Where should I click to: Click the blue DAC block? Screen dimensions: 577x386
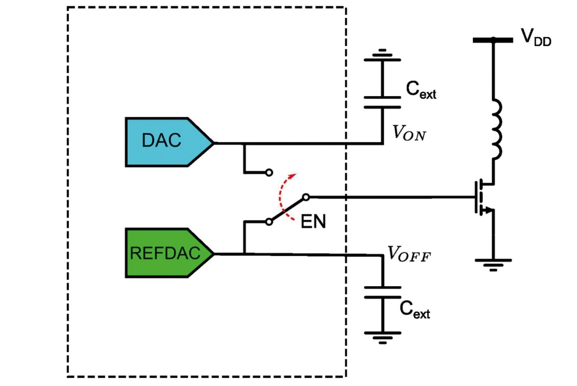(x=169, y=142)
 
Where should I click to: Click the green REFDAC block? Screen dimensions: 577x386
(x=169, y=253)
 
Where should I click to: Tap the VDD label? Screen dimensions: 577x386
(x=536, y=37)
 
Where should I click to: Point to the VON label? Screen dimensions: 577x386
(x=409, y=133)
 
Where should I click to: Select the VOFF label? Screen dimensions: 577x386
(x=409, y=254)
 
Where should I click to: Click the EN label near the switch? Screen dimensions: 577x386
(x=313, y=221)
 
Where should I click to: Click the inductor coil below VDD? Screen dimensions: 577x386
(x=497, y=129)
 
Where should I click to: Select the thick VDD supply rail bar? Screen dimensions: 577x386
(x=493, y=40)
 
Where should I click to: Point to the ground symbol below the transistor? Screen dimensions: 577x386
(x=493, y=265)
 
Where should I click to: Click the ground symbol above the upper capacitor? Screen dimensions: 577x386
(x=383, y=55)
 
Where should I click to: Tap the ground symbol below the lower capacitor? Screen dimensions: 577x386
(x=383, y=338)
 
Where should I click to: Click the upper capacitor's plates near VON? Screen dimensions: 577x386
(x=383, y=102)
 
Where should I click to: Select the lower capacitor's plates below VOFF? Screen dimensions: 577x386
(x=383, y=292)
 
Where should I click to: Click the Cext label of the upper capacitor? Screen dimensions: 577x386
(x=421, y=90)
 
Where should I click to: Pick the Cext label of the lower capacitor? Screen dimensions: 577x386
(x=415, y=310)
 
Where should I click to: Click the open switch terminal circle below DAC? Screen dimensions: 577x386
(x=269, y=173)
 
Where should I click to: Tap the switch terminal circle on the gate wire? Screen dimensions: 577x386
(x=306, y=198)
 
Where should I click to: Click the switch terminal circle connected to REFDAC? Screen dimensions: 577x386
(x=269, y=221)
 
